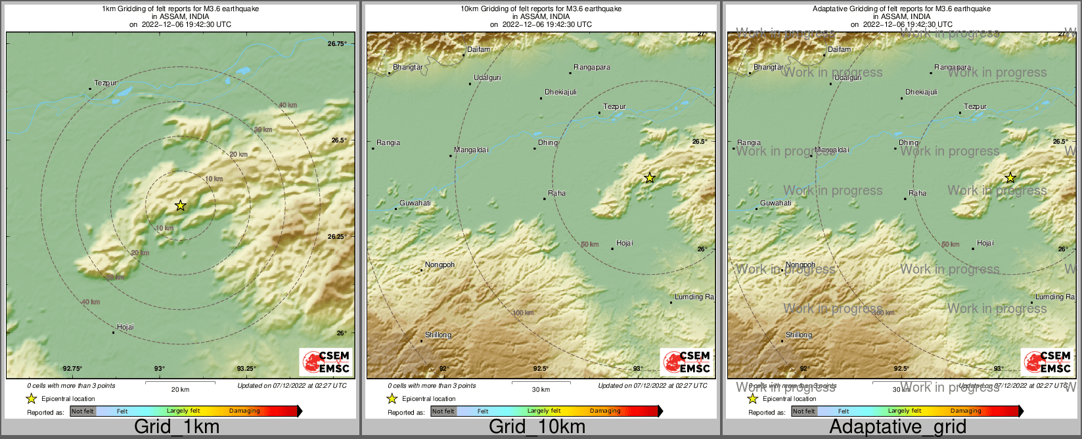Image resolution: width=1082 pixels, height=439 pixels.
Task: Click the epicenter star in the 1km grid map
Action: (181, 205)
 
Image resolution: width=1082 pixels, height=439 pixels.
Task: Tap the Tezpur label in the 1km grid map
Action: (105, 83)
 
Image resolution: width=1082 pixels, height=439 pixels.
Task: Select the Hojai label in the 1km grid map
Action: (125, 327)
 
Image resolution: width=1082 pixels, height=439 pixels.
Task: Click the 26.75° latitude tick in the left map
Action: (336, 44)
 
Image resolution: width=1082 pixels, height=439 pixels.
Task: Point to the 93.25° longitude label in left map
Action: (246, 369)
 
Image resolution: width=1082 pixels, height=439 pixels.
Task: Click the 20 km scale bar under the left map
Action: (180, 381)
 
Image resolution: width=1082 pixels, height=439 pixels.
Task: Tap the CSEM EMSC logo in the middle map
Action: (686, 362)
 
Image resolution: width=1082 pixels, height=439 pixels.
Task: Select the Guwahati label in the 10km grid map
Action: (415, 203)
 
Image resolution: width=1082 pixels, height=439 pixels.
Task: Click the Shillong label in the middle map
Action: (438, 335)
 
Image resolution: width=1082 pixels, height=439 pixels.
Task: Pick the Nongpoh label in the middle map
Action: (440, 265)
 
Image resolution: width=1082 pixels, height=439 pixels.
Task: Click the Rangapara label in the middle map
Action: (591, 68)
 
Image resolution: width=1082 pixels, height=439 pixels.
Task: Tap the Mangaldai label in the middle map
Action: (471, 150)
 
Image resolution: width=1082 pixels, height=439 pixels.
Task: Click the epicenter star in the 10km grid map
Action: (650, 178)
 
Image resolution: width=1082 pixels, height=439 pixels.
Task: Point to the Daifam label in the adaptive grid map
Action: (839, 50)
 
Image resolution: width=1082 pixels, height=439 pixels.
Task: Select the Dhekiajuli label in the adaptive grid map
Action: (921, 93)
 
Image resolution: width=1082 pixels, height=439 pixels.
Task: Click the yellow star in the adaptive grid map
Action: (1010, 178)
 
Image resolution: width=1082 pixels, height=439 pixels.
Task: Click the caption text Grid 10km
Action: (537, 427)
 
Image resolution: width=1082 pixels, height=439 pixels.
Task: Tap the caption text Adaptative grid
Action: (897, 427)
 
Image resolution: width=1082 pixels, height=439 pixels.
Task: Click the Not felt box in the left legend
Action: (83, 411)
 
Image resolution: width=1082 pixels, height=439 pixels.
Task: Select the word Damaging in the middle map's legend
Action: (605, 411)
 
